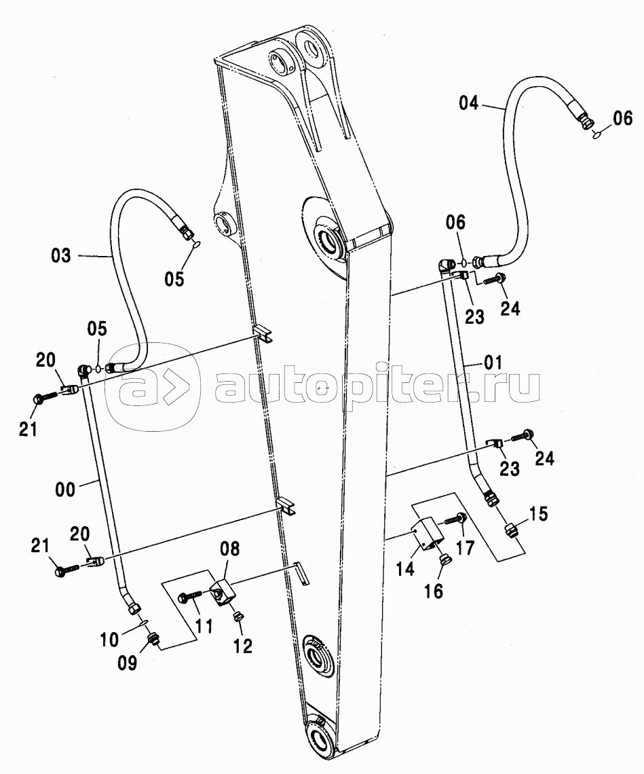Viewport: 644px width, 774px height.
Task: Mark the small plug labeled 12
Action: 238,616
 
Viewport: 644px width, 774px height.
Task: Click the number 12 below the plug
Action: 242,646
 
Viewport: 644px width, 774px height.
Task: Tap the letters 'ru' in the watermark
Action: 516,388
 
